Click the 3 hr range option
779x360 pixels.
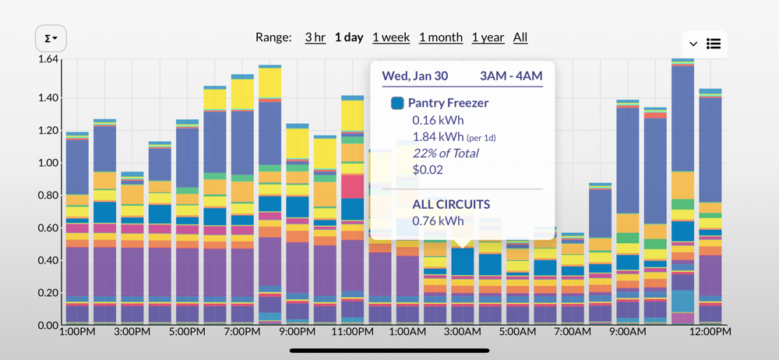tap(315, 37)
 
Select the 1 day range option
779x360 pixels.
tap(349, 37)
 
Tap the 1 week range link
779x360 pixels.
tap(392, 37)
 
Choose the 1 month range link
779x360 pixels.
tap(441, 37)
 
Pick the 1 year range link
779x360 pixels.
tap(488, 37)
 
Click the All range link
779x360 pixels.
tap(520, 37)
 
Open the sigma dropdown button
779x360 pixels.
tap(51, 38)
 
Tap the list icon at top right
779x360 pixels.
tap(714, 44)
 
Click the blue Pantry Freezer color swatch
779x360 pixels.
tap(397, 103)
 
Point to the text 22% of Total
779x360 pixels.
tap(445, 154)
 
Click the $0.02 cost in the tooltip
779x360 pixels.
tap(428, 170)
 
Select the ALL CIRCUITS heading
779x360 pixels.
tap(451, 204)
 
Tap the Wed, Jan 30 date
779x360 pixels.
tap(415, 76)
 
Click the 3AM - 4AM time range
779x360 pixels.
tap(511, 76)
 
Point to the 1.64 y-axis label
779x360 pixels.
tap(48, 60)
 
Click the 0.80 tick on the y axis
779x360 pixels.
tap(48, 196)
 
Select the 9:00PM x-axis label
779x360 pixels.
tap(298, 332)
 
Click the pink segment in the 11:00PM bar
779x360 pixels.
tap(352, 186)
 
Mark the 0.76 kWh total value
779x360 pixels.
tap(438, 221)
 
